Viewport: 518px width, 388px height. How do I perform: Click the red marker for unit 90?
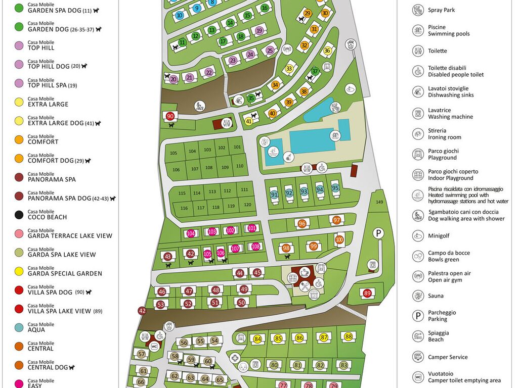(x=170, y=116)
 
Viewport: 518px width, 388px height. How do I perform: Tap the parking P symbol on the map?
(x=377, y=233)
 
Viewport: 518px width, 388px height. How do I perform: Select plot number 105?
(x=174, y=153)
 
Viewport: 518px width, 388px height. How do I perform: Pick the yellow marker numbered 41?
(x=248, y=121)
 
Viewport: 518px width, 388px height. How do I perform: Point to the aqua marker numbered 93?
(x=304, y=192)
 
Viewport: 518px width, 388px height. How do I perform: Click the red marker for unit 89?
(x=367, y=293)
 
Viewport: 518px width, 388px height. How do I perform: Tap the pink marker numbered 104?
(x=191, y=233)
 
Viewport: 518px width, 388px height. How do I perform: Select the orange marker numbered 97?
(x=337, y=220)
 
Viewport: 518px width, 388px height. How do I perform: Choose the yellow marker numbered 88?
(x=348, y=336)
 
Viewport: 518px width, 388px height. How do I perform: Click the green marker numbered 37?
(x=315, y=71)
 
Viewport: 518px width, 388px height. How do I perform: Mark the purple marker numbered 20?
(x=174, y=79)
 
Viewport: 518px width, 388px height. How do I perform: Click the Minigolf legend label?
(x=439, y=235)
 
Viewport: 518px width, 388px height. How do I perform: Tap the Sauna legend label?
(x=436, y=296)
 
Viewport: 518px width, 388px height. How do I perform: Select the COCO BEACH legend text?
(x=47, y=217)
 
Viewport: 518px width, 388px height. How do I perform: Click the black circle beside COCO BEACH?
(x=19, y=215)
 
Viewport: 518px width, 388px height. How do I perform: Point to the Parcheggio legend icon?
(x=418, y=316)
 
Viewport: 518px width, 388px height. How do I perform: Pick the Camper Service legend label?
(x=448, y=357)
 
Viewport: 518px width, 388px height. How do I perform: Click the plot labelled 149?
(x=379, y=202)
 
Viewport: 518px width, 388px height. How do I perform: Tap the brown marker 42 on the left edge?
(x=142, y=311)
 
